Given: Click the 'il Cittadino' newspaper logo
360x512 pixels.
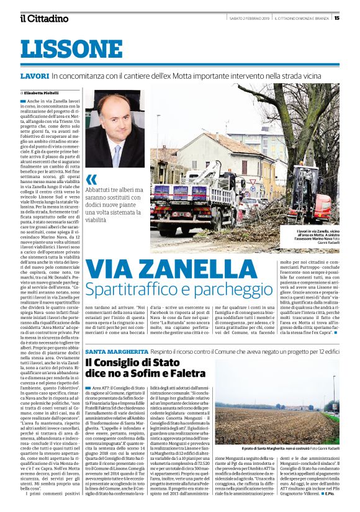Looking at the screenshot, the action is click(x=43, y=18).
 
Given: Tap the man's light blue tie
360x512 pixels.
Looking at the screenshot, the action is click(x=117, y=154).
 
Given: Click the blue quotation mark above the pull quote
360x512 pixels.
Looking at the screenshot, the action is click(x=92, y=179).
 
